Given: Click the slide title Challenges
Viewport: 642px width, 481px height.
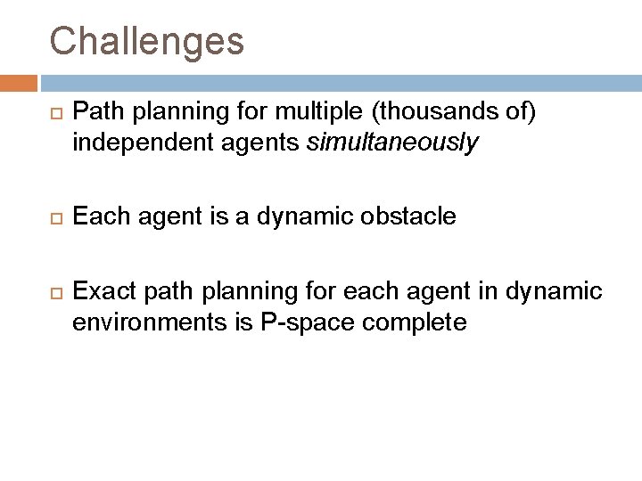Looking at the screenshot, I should [x=146, y=40].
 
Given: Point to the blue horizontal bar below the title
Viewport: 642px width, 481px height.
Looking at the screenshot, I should [x=339, y=83].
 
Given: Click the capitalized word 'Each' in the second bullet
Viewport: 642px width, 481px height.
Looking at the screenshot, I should [x=95, y=216].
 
